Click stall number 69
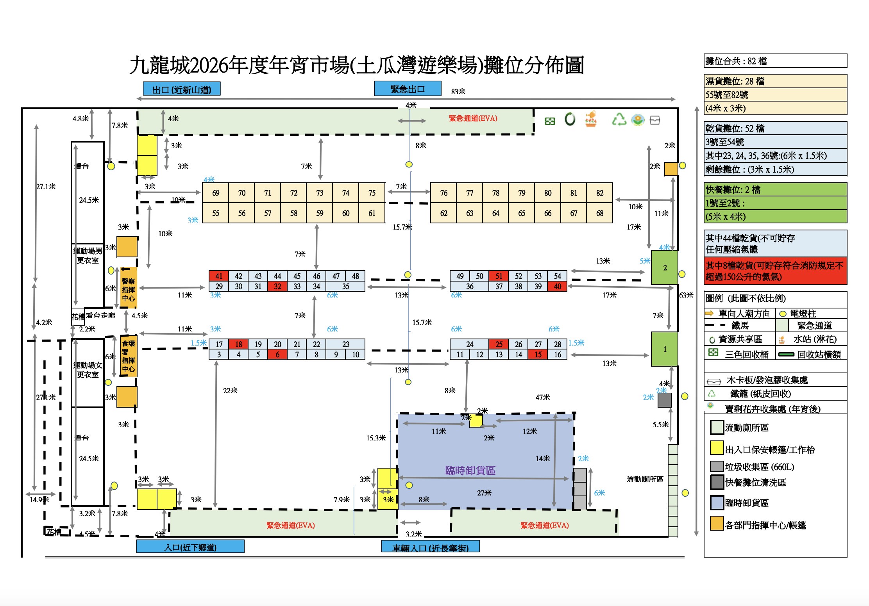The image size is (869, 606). [x=216, y=193]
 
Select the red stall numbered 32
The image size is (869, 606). [x=277, y=286]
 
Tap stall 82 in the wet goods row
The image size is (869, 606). [x=599, y=193]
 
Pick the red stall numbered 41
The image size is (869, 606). [x=219, y=276]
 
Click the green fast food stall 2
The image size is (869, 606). [x=665, y=267]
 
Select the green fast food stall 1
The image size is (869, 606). [x=665, y=349]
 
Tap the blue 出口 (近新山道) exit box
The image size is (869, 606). [x=182, y=89]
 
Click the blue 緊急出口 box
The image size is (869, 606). [x=408, y=89]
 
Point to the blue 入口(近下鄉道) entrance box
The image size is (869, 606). [x=190, y=547]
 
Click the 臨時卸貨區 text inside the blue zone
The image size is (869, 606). [x=470, y=471]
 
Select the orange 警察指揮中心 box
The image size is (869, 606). [x=129, y=289]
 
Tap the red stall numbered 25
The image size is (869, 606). [x=499, y=344]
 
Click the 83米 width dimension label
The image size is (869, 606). [x=458, y=91]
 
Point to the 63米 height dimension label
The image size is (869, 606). [x=686, y=295]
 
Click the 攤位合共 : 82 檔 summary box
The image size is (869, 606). [x=775, y=61]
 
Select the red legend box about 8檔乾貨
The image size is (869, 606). [x=775, y=271]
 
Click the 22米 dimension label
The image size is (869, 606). [x=230, y=390]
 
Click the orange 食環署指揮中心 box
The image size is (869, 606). [x=129, y=356]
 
